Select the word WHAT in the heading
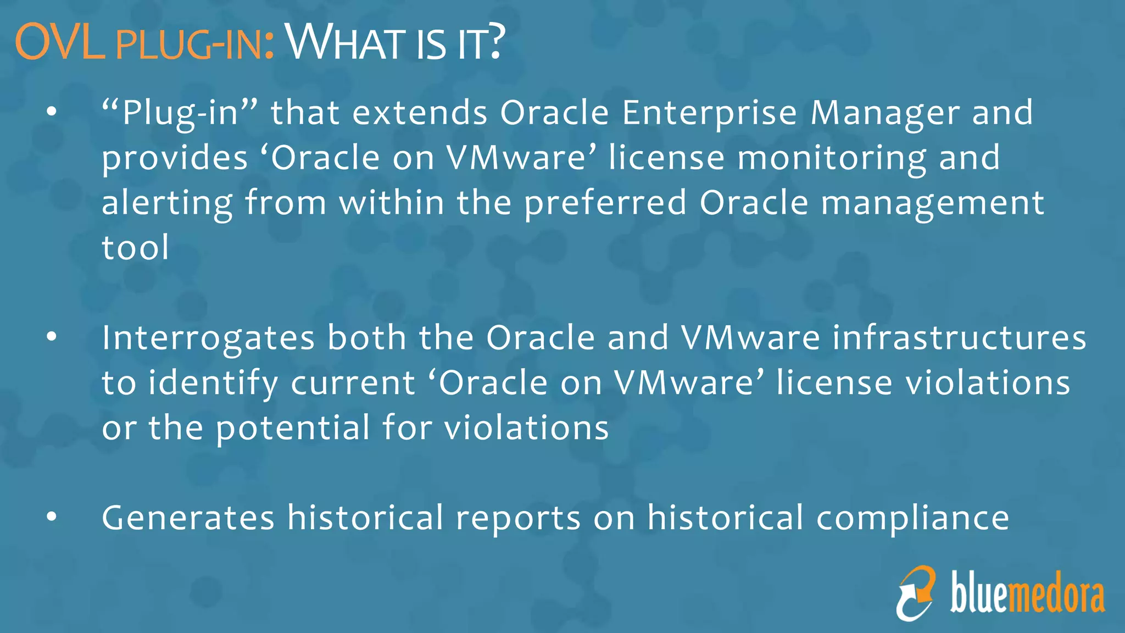pos(347,43)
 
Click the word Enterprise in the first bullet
pos(709,113)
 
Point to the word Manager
pos(885,114)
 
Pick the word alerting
pos(167,203)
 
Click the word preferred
pos(605,203)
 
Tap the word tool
pos(135,248)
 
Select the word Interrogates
pos(208,338)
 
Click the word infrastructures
pos(959,337)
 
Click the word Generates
pos(188,518)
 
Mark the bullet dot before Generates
pos(52,517)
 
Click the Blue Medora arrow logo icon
pos(916,593)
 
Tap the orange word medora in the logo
pos(1057,596)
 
